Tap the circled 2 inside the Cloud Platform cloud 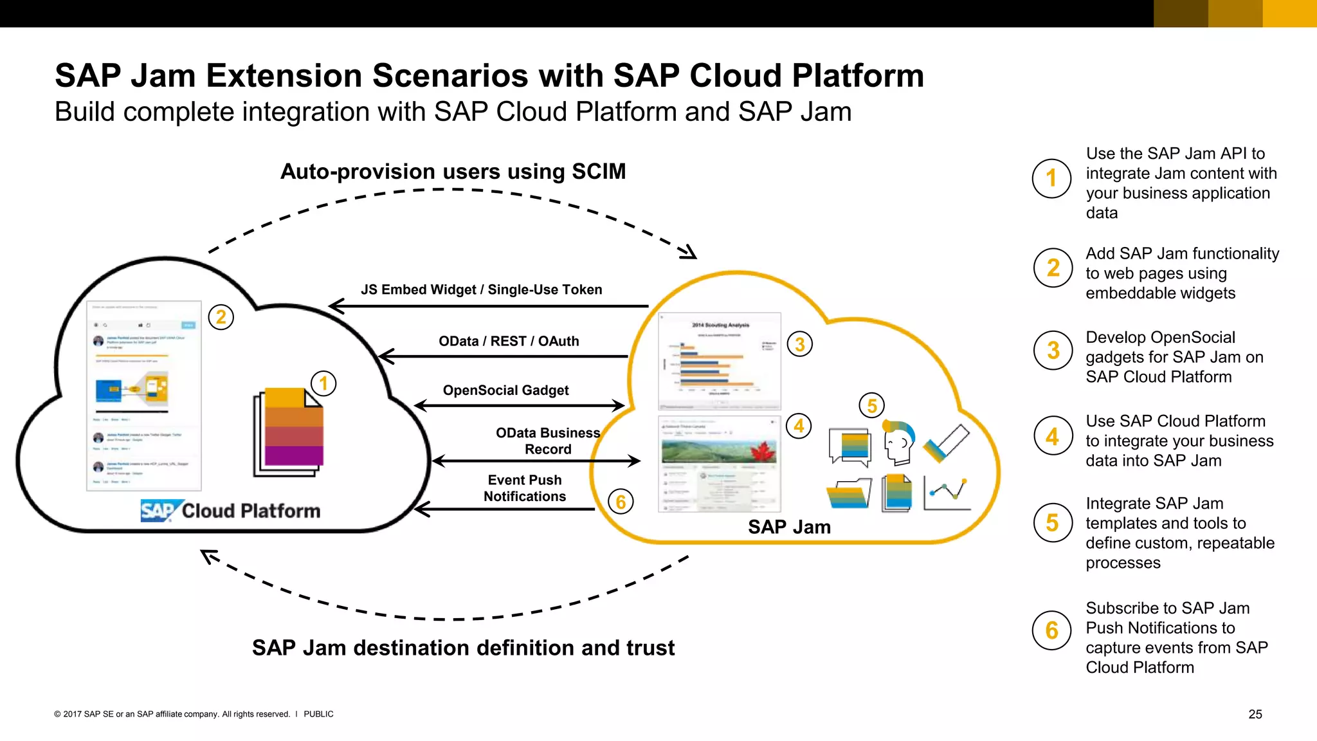[221, 317]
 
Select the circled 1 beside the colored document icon [323, 384]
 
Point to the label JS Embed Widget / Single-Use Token [481, 289]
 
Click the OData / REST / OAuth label [509, 341]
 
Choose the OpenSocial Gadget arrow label [505, 390]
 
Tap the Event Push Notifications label [525, 488]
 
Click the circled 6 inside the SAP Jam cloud [621, 502]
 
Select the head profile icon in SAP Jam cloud [899, 442]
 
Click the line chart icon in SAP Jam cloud [947, 493]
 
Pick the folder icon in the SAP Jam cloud [849, 493]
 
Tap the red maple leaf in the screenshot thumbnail [763, 452]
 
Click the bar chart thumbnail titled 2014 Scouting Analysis [720, 361]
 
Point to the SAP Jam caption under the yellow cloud [789, 527]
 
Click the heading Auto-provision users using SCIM [453, 172]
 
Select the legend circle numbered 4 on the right [1053, 436]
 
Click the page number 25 [1255, 714]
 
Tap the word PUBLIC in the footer [318, 714]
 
